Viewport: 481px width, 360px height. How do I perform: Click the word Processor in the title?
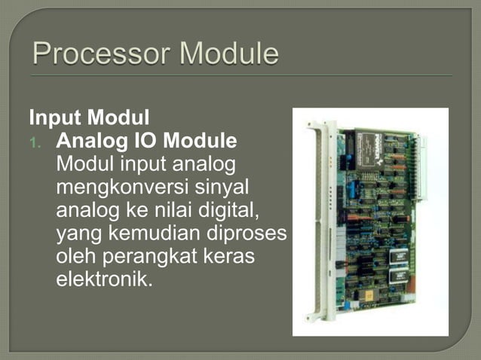click(97, 56)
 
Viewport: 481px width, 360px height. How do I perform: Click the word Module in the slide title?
click(224, 56)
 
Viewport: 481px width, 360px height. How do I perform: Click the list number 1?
click(41, 142)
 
